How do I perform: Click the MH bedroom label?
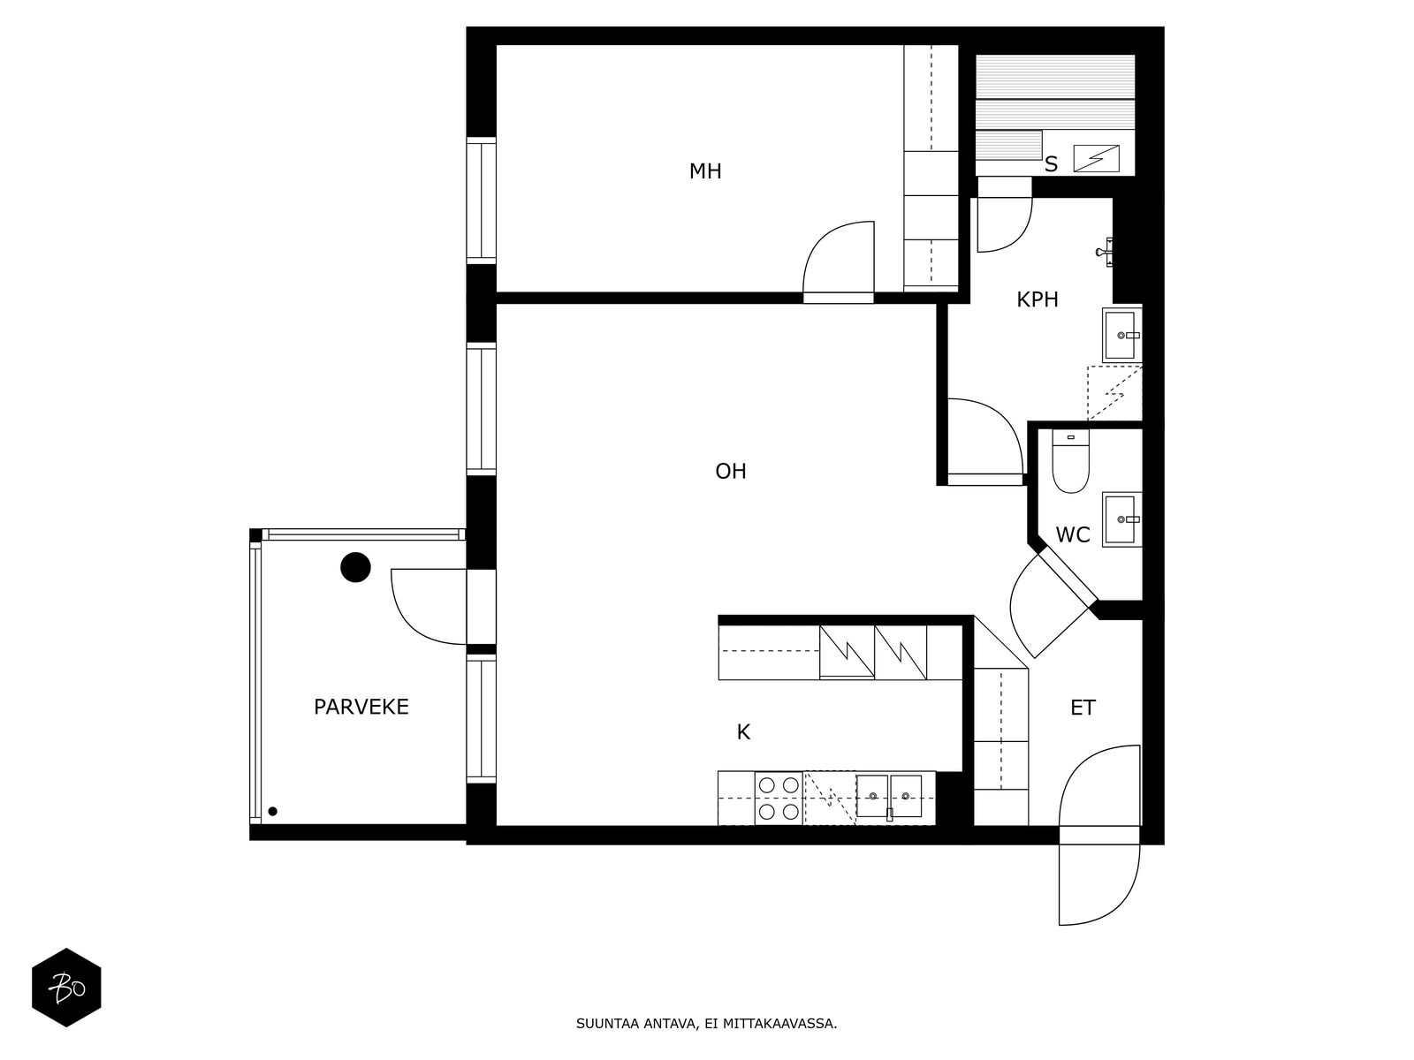click(704, 171)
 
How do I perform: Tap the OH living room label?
click(731, 472)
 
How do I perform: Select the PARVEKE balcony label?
click(361, 708)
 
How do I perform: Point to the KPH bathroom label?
click(1038, 300)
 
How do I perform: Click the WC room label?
click(1073, 534)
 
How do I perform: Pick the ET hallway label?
click(1083, 708)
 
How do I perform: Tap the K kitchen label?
click(743, 732)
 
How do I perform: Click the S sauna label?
click(1051, 165)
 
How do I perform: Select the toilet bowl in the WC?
click(1070, 461)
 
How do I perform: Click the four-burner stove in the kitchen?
click(779, 798)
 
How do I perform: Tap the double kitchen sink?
click(889, 796)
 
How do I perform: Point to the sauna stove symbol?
click(1096, 158)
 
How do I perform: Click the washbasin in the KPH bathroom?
click(1121, 335)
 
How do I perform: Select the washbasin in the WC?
click(1121, 519)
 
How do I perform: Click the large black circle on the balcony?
click(355, 568)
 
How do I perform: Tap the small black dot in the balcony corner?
click(272, 812)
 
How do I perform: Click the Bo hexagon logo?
click(66, 988)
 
